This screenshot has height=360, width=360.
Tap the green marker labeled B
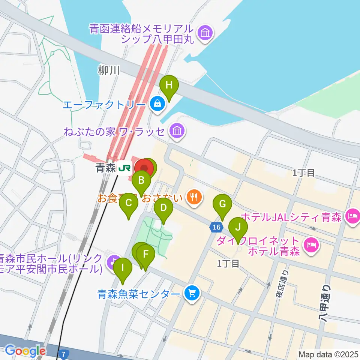(x=141, y=180)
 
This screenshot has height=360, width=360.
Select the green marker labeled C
(x=129, y=204)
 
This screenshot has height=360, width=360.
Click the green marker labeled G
(x=222, y=204)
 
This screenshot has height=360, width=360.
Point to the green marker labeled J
(x=238, y=227)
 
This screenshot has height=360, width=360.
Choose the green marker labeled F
(x=146, y=255)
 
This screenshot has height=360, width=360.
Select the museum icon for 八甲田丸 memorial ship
(x=205, y=33)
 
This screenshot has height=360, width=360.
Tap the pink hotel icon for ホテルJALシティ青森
(x=352, y=216)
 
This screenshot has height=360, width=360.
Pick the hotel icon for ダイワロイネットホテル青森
(x=311, y=246)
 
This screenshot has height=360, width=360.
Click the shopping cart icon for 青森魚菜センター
(x=192, y=293)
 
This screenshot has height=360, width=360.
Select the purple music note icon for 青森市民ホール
(x=111, y=261)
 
